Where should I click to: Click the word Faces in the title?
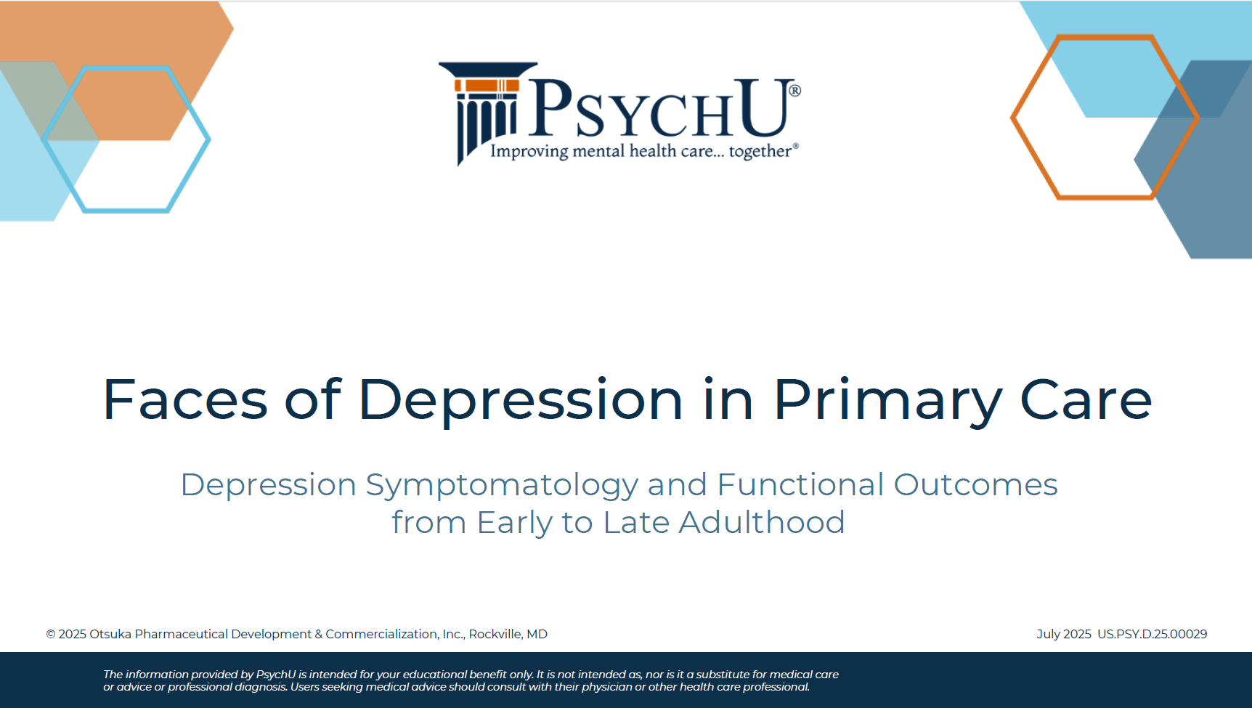tap(185, 399)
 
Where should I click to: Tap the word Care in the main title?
tap(1086, 399)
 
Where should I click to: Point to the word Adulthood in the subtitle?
tap(761, 522)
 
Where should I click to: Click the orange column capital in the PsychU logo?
tap(487, 86)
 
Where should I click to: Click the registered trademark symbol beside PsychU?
tap(795, 91)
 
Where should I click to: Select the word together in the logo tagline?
tap(760, 151)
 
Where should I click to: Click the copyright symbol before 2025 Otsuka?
tap(51, 635)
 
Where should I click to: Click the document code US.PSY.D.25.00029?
tap(1152, 634)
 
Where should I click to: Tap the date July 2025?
tap(1064, 634)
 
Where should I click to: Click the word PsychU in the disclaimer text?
tap(276, 675)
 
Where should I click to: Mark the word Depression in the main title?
tap(521, 401)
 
